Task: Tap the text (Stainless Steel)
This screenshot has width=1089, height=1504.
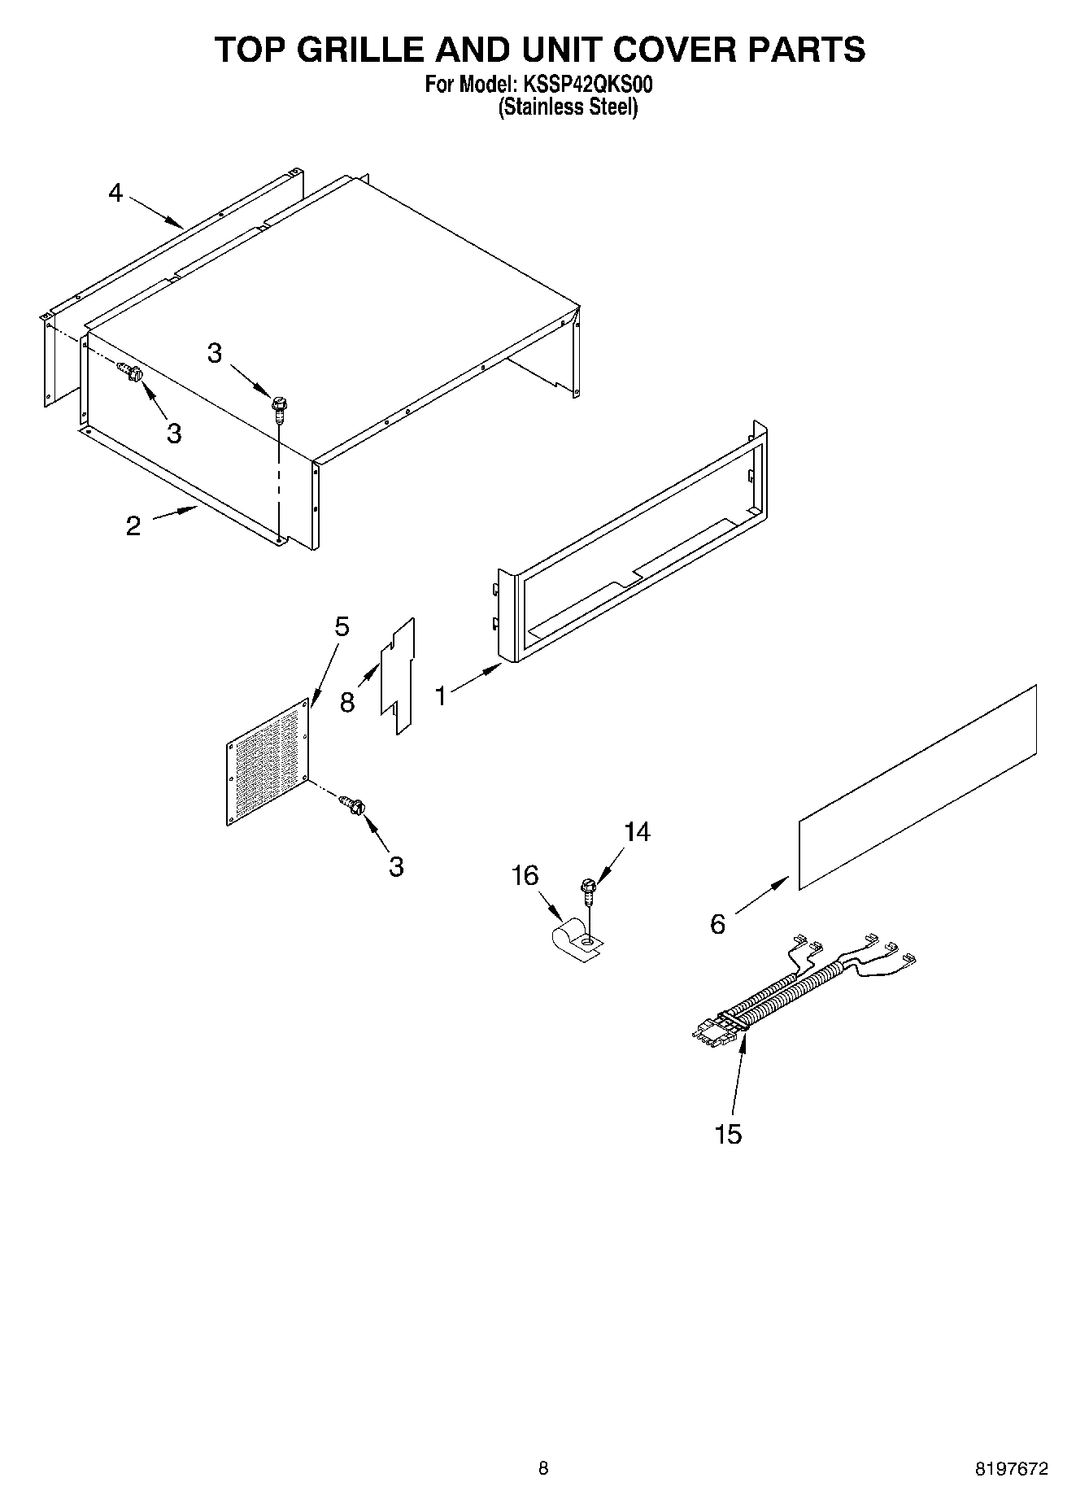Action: [x=567, y=107]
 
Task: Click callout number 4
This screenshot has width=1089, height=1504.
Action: [x=115, y=193]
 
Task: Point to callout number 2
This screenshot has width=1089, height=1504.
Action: [x=133, y=525]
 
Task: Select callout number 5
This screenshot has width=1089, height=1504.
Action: [x=342, y=626]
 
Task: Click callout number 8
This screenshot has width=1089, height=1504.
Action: [x=347, y=702]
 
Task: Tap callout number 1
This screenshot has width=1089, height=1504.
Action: [x=440, y=695]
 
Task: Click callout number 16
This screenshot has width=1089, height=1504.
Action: [x=525, y=875]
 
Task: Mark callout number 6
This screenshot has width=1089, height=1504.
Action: [x=717, y=924]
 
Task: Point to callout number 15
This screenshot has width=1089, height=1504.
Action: [x=728, y=1133]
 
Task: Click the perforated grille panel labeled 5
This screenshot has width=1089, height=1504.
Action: [x=268, y=765]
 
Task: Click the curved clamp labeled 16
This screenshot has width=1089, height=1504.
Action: [x=574, y=939]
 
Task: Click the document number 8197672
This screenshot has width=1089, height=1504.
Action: [x=1012, y=1468]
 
